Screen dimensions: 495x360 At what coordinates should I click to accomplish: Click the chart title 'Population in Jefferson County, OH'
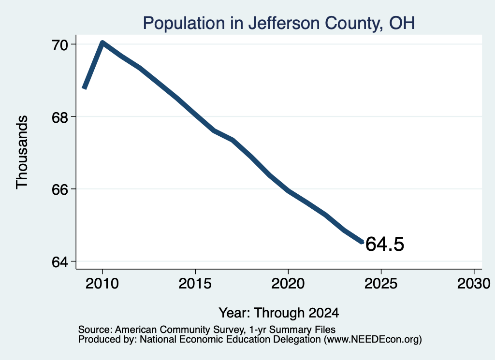click(279, 23)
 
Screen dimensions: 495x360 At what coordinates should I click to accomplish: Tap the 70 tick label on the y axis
click(60, 45)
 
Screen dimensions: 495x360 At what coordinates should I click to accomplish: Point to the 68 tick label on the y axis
click(60, 117)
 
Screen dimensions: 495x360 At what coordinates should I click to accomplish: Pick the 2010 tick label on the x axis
click(102, 284)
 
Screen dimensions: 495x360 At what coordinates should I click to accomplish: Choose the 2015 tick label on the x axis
click(195, 284)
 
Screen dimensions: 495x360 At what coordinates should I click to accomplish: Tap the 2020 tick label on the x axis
click(288, 284)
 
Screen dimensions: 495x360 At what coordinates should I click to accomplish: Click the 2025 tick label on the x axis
click(381, 284)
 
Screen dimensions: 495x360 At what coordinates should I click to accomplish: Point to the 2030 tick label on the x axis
click(474, 284)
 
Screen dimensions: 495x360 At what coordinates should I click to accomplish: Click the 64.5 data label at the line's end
click(384, 244)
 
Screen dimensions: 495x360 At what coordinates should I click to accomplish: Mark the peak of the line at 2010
click(102, 43)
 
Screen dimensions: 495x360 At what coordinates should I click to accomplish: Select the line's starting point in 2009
click(84, 88)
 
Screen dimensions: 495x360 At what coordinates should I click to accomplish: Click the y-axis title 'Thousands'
click(22, 152)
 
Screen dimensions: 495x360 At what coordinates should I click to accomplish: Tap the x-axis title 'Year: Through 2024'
click(279, 313)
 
